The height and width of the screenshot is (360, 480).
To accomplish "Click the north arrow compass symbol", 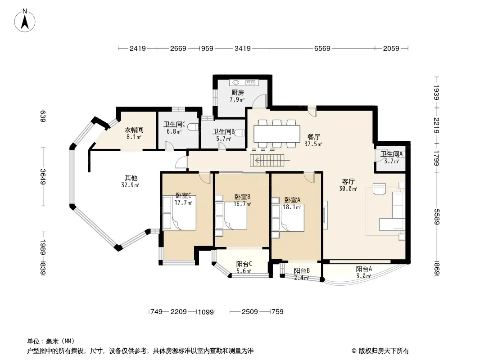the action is click(x=25, y=20).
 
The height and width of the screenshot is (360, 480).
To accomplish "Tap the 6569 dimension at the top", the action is click(x=322, y=48).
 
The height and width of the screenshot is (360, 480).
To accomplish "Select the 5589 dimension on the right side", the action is click(x=436, y=217).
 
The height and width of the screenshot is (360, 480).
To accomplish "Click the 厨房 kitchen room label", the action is click(x=237, y=92).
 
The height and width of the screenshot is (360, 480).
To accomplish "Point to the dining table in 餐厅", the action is click(x=277, y=134).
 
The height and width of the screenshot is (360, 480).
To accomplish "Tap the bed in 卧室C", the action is click(x=179, y=213).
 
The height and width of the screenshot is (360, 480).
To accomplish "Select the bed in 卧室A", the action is click(x=288, y=218).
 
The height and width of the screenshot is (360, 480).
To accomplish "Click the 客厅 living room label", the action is click(x=348, y=182).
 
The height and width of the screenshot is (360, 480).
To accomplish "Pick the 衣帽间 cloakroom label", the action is click(x=134, y=130).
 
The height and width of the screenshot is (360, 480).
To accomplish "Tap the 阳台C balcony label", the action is click(x=244, y=264).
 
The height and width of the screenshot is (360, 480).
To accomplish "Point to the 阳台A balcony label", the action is click(x=364, y=269).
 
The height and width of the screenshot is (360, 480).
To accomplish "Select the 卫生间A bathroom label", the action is click(x=392, y=154).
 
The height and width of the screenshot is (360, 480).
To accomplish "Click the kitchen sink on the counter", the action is click(x=235, y=82).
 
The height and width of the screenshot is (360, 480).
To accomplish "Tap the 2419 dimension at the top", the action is click(x=138, y=48).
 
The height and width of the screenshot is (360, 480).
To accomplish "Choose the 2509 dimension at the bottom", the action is click(x=250, y=312).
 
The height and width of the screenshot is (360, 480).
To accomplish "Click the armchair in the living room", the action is click(x=380, y=189).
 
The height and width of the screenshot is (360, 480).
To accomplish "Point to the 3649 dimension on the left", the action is click(x=42, y=177).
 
